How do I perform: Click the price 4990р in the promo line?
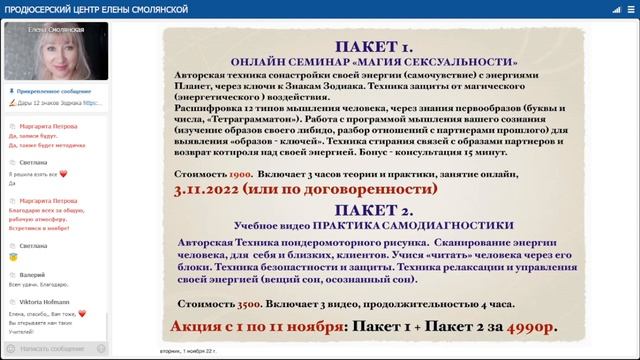(529, 327)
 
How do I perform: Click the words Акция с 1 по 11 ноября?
(256, 327)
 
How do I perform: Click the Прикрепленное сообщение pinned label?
(50, 91)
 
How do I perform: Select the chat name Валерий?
(33, 272)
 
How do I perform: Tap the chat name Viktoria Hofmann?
(46, 299)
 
